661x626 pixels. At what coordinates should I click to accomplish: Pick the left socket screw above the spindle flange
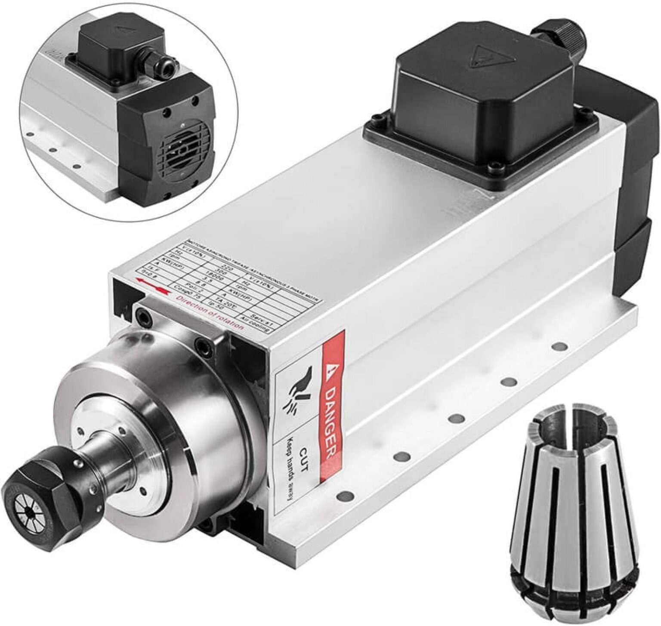tap(142, 317)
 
